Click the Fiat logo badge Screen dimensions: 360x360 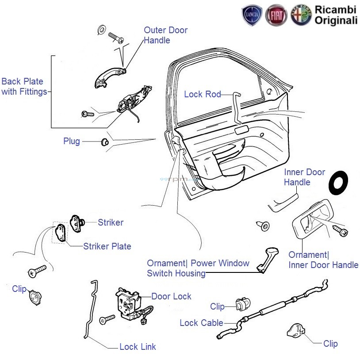coord(276,15)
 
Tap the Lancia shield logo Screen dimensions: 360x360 coord(252,15)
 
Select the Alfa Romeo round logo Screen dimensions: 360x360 coord(301,15)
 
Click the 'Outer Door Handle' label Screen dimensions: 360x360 coord(165,35)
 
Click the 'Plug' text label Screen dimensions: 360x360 coord(72,142)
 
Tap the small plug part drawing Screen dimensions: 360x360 coord(105,142)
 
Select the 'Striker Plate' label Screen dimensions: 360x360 coord(107,246)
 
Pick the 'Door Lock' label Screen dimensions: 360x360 coord(171,296)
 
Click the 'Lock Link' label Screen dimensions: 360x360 coord(138,347)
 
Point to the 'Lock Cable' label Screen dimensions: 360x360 coord(201,323)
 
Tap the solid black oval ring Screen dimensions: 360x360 coord(339,182)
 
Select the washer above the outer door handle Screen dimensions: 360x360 coord(100,30)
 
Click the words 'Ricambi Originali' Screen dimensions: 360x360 coord(336,15)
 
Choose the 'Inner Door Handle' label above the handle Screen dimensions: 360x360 coord(304,177)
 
